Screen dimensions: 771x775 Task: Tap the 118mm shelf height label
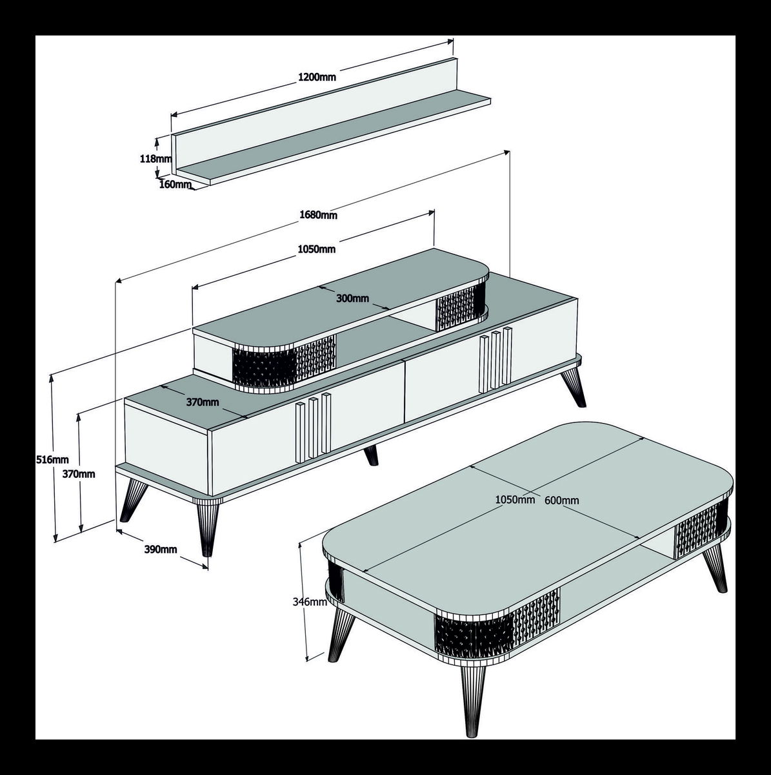coord(155,158)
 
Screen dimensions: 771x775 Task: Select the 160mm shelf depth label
coord(176,184)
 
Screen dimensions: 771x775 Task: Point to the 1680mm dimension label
coord(319,215)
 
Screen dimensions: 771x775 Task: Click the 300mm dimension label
coord(353,298)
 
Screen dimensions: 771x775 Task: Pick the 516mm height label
coord(52,459)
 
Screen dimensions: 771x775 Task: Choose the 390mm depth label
coord(161,549)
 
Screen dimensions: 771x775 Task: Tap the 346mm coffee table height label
coord(309,602)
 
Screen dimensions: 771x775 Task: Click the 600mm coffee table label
coord(562,501)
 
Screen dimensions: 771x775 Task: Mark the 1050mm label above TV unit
coord(317,249)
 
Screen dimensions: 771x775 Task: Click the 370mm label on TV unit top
coord(203,402)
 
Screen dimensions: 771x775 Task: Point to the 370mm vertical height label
coord(79,474)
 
